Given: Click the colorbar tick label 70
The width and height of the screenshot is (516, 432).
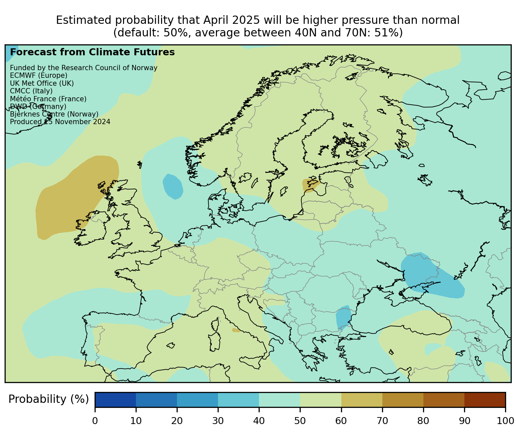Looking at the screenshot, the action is coord(382,421).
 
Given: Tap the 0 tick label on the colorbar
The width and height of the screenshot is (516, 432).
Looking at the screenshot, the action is coord(95,421).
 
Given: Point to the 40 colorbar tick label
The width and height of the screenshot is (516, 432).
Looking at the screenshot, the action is coord(259,421).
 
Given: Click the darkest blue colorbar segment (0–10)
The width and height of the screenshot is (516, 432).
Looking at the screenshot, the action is coord(115,400).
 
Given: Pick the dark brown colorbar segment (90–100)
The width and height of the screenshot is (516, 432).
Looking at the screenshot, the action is coord(485,400).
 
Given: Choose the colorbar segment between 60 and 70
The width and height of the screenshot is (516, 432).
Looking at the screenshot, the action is coord(362,400).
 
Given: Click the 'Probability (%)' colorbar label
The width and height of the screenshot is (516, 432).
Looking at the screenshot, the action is coord(48,399).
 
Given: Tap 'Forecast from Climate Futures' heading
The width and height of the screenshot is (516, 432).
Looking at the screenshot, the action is coord(92,52).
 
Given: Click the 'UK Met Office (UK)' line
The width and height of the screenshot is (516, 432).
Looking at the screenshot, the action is coord(42,83).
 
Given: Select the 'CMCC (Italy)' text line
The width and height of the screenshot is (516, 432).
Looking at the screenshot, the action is coord(31,91).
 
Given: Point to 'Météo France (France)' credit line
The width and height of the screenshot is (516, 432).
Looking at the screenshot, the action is coord(48,99).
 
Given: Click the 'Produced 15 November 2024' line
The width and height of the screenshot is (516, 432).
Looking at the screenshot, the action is coord(60,122).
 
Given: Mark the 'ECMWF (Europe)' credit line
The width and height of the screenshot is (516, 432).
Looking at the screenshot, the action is coord(39,75).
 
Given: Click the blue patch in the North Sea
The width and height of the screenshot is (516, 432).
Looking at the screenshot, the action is coord(173,187).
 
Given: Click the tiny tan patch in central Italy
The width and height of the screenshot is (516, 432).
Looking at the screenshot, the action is coord(236,330).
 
